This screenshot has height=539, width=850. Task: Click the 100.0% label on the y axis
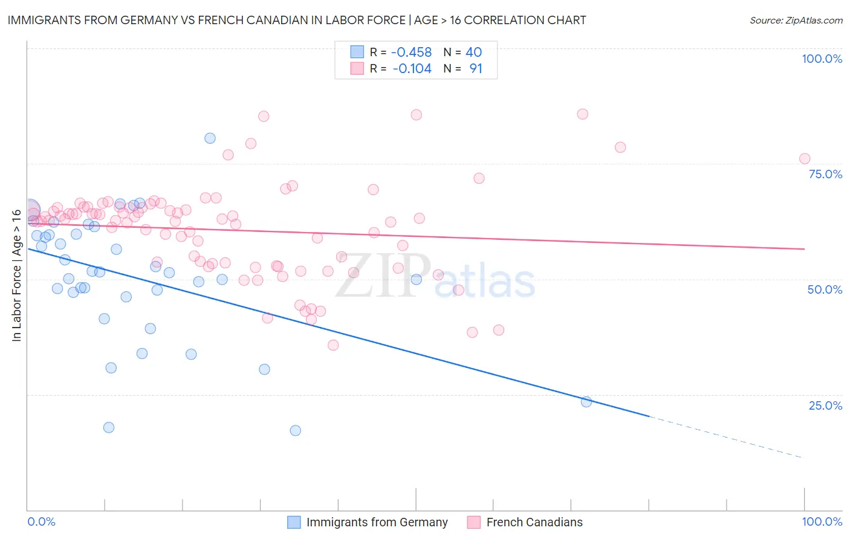pyautogui.click(x=822, y=59)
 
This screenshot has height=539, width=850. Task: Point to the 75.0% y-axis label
pyautogui.click(x=825, y=174)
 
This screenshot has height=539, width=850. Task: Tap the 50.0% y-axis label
pyautogui.click(x=825, y=289)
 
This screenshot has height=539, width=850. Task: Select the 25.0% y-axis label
pyautogui.click(x=825, y=405)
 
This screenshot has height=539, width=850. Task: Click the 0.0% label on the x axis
pyautogui.click(x=41, y=521)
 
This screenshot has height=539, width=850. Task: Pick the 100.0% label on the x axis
pyautogui.click(x=822, y=521)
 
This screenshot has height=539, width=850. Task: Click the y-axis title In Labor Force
pyautogui.click(x=17, y=276)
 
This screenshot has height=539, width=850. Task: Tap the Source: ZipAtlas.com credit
pyautogui.click(x=796, y=20)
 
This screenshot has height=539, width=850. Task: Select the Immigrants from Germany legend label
pyautogui.click(x=377, y=522)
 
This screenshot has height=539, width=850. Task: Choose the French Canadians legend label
pyautogui.click(x=534, y=522)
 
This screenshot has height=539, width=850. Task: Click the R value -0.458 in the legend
pyautogui.click(x=412, y=52)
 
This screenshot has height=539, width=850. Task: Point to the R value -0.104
pyautogui.click(x=412, y=69)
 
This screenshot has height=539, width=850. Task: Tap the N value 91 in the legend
pyautogui.click(x=476, y=69)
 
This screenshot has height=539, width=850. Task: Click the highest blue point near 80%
pyautogui.click(x=210, y=138)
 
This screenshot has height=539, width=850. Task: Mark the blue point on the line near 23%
pyautogui.click(x=586, y=402)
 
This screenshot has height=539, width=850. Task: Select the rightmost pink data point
pyautogui.click(x=805, y=159)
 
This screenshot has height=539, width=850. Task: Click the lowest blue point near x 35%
pyautogui.click(x=295, y=430)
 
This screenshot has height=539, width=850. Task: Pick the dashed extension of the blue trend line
pyautogui.click(x=725, y=437)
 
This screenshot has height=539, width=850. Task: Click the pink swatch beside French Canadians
pyautogui.click(x=473, y=522)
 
